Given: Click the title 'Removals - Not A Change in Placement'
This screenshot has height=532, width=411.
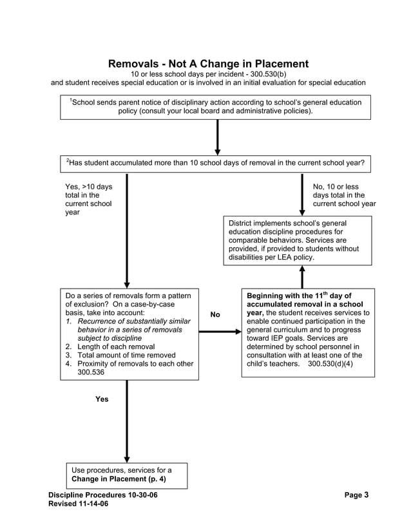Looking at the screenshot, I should coord(207,64).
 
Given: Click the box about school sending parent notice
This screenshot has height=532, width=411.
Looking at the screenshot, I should coord(215,107).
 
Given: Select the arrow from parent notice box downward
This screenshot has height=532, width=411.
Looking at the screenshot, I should coord(217,137).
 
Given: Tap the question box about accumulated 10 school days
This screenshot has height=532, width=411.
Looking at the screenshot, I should coord(215,164).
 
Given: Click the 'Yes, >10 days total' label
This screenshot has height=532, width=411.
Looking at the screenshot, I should coord(88,200).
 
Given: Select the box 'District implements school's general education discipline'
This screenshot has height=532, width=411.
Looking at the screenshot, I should coord(298,240).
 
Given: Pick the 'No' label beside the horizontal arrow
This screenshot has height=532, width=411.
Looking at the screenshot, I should coord(215,314).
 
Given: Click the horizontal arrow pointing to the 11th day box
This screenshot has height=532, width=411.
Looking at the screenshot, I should coord(220,332).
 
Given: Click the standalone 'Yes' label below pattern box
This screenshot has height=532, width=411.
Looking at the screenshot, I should coord(102,399).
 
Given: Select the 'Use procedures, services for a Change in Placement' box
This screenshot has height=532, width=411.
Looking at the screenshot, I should coord(127,475).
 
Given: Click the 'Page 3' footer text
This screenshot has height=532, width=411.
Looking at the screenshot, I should coord(356,495).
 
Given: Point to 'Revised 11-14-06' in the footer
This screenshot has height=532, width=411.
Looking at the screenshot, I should coord(79,504).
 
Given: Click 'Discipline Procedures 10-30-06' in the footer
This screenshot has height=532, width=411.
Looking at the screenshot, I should coord(102,495).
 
